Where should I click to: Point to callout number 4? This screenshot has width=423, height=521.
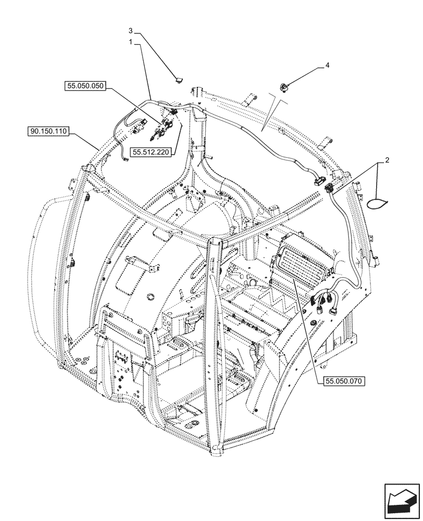(x=327, y=65)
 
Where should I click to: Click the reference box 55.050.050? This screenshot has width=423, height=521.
(x=85, y=87)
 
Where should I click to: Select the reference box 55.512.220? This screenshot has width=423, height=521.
(x=152, y=152)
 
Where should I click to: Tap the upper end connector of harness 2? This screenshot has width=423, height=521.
(x=329, y=189)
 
